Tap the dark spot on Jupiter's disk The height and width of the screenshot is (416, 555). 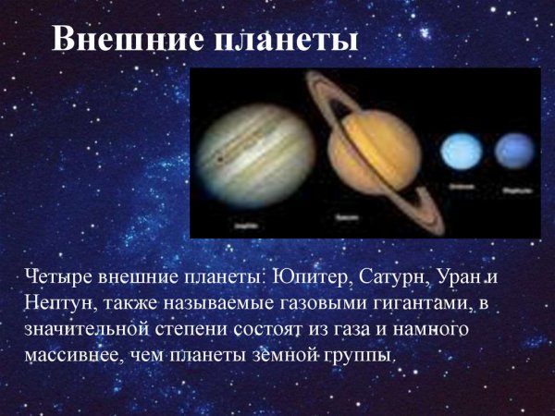click(219, 158)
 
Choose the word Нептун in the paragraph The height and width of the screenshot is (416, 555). click(56, 302)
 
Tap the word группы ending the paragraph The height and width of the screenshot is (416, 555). click(362, 354)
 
